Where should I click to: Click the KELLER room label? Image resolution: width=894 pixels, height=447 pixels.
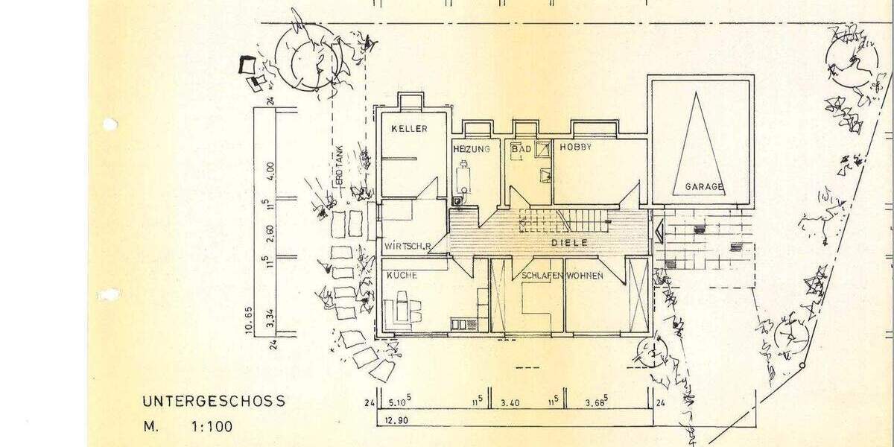pyautogui.click(x=410, y=129)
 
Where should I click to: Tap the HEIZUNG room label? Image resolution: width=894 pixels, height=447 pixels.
pyautogui.click(x=471, y=149)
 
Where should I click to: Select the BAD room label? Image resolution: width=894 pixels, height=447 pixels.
pyautogui.click(x=521, y=149)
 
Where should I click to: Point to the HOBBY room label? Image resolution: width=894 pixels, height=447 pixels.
pyautogui.click(x=576, y=148)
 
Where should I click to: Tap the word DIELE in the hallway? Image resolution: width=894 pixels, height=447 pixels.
pyautogui.click(x=570, y=243)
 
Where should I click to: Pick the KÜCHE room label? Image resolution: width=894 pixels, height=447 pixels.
pyautogui.click(x=402, y=276)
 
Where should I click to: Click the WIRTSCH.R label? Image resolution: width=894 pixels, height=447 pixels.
pyautogui.click(x=409, y=245)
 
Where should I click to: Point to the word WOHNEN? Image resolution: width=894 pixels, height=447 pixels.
pyautogui.click(x=585, y=276)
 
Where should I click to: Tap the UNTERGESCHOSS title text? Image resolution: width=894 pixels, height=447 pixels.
pyautogui.click(x=213, y=401)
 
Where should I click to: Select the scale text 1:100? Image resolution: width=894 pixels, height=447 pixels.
pyautogui.click(x=212, y=428)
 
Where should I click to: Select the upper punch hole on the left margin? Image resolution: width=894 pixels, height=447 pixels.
pyautogui.click(x=110, y=124)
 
